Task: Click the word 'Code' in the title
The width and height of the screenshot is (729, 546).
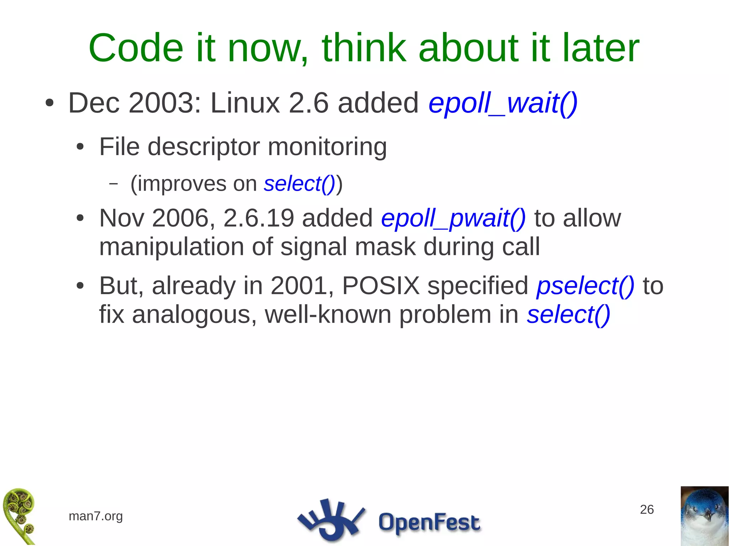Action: point(136,48)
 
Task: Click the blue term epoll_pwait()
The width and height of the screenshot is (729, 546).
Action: point(453,218)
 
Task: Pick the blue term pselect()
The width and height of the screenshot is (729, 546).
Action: point(585,286)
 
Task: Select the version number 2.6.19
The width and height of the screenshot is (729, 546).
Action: point(259,218)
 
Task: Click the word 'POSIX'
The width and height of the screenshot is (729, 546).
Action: point(381,286)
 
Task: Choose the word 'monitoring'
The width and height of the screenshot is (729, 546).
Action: point(327,147)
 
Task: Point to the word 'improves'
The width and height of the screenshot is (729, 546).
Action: point(182,184)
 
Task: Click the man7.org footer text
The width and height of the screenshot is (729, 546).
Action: point(95,516)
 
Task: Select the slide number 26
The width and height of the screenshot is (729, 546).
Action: point(647,509)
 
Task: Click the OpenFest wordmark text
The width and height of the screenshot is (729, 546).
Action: point(429,522)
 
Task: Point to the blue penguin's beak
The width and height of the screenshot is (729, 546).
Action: point(707,515)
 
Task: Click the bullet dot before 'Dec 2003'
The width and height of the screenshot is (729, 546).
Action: point(49,103)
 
